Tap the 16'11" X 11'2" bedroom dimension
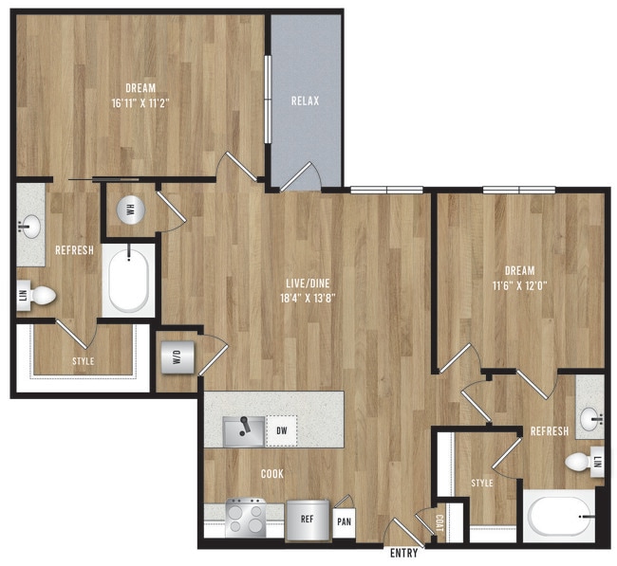click(x=140, y=102)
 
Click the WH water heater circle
click(x=130, y=210)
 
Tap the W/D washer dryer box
click(x=176, y=358)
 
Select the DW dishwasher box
click(x=282, y=430)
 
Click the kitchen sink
click(x=244, y=430)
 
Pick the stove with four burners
click(x=247, y=520)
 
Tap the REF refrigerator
click(x=307, y=520)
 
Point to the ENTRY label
click(x=404, y=553)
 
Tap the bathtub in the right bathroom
click(x=560, y=518)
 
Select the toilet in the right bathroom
click(x=577, y=463)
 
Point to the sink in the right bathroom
click(x=591, y=414)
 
